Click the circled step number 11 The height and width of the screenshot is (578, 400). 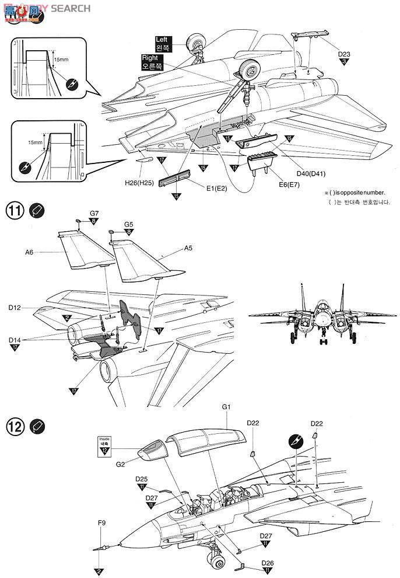[x=15, y=209]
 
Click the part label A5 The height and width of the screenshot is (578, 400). [x=188, y=248]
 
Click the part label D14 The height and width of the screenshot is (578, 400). [x=15, y=339]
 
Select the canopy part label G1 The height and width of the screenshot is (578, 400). [x=227, y=406]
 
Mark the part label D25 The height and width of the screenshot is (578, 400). [x=142, y=479]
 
